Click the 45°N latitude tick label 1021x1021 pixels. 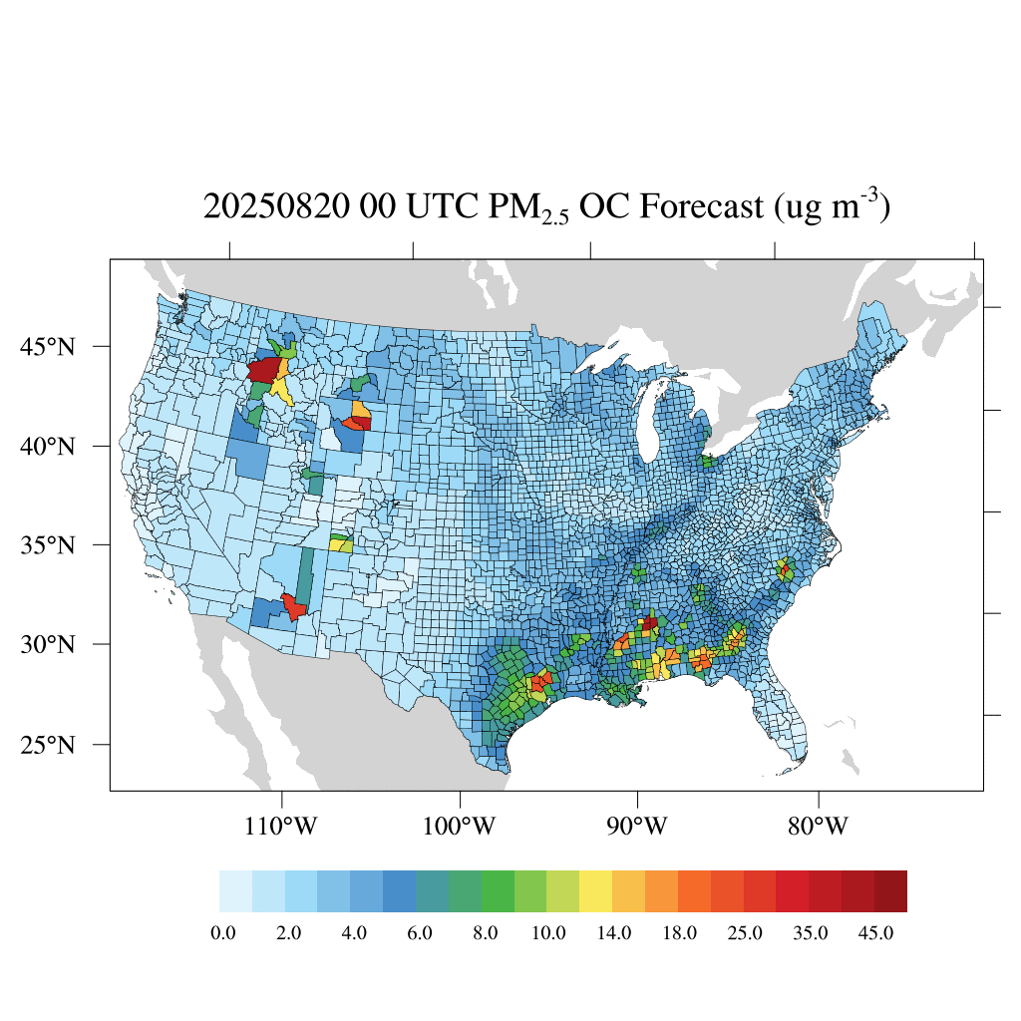point(49,346)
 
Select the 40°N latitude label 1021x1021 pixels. point(49,446)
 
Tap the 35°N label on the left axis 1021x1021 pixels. point(49,545)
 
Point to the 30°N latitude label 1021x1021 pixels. point(49,644)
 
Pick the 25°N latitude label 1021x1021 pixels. point(49,745)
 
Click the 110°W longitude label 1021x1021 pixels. point(283,827)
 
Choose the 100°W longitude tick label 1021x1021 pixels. point(461,827)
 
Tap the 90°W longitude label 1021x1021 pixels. point(637,827)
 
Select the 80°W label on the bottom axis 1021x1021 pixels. point(819,827)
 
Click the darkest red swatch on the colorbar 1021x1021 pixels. point(890,891)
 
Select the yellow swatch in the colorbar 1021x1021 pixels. point(596,891)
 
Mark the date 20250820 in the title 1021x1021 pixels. point(276,207)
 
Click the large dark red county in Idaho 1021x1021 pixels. point(263,371)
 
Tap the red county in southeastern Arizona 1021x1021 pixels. point(293,606)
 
